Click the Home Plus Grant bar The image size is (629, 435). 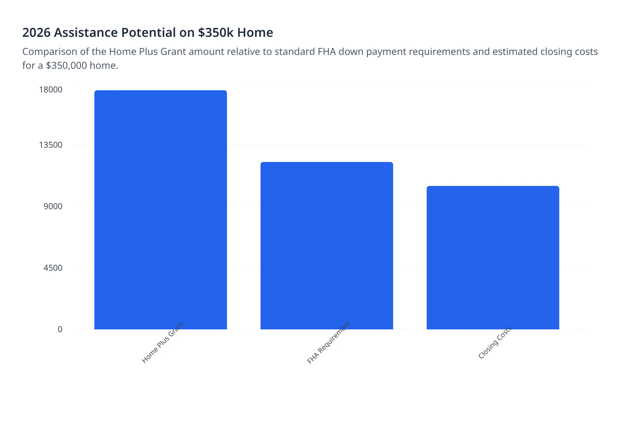(x=160, y=210)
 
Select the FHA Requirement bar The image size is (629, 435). (x=327, y=245)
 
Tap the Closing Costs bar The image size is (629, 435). (x=493, y=257)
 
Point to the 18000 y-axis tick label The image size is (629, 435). (x=51, y=90)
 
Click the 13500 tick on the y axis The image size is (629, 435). (x=51, y=145)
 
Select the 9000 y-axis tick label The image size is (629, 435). (x=53, y=206)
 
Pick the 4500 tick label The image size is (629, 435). (x=53, y=268)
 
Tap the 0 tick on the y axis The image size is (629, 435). (x=60, y=329)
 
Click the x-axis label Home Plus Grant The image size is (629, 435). (x=163, y=343)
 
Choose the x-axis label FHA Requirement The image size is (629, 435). (x=329, y=343)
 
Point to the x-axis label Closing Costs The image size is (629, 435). (x=495, y=343)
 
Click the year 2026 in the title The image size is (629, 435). (x=36, y=33)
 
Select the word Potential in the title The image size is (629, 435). (x=149, y=33)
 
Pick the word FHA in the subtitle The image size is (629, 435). (x=327, y=52)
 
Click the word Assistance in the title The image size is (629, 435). (x=86, y=33)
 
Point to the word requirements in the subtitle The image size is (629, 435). (x=439, y=52)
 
